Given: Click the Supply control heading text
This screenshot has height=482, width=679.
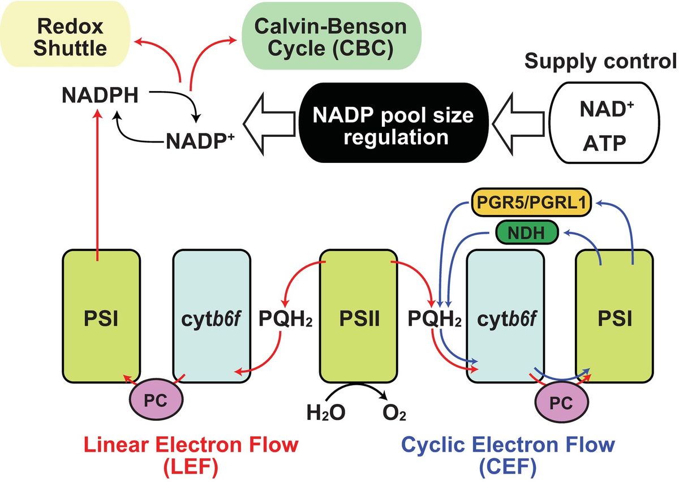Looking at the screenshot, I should [x=600, y=61].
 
